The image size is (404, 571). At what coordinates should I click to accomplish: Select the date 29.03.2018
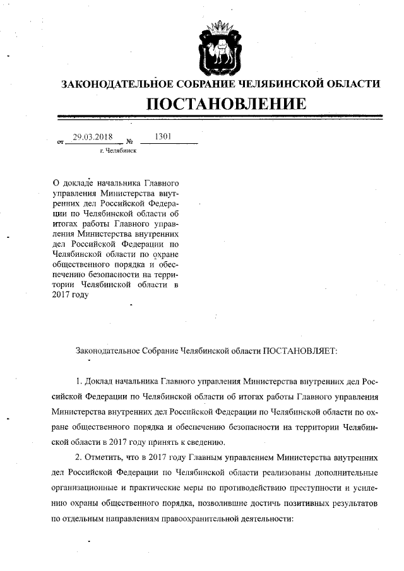coord(92,136)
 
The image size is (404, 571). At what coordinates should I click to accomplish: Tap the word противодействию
coord(247,488)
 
